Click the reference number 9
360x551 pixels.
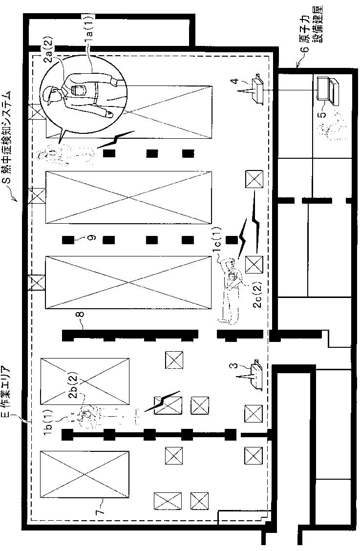click(x=92, y=237)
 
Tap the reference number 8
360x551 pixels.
click(x=82, y=314)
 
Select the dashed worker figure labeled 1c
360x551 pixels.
click(x=229, y=289)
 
